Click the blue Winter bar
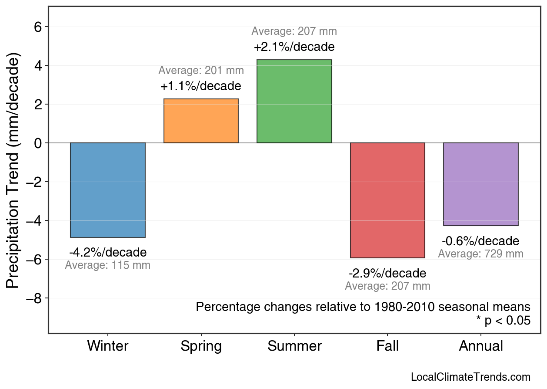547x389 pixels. pyautogui.click(x=108, y=190)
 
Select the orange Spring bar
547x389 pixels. pyautogui.click(x=201, y=121)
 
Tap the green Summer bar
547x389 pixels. pyautogui.click(x=294, y=101)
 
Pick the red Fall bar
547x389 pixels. pyautogui.click(x=387, y=200)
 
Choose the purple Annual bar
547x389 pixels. pyautogui.click(x=480, y=184)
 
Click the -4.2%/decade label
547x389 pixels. pyautogui.click(x=108, y=252)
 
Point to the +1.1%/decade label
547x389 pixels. pyautogui.click(x=201, y=86)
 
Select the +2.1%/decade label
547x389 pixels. pyautogui.click(x=294, y=47)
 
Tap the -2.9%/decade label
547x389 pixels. pyautogui.click(x=387, y=273)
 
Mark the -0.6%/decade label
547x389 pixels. pyautogui.click(x=480, y=241)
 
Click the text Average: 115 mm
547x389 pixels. pyautogui.click(x=108, y=265)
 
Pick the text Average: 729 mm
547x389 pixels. pyautogui.click(x=480, y=254)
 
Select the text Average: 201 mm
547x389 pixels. pyautogui.click(x=201, y=70)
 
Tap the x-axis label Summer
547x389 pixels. pyautogui.click(x=294, y=346)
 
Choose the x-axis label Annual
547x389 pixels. pyautogui.click(x=481, y=346)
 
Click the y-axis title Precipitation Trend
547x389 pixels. pyautogui.click(x=14, y=172)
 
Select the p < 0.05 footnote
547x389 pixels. pyautogui.click(x=504, y=321)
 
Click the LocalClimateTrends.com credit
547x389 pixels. pyautogui.click(x=470, y=377)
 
